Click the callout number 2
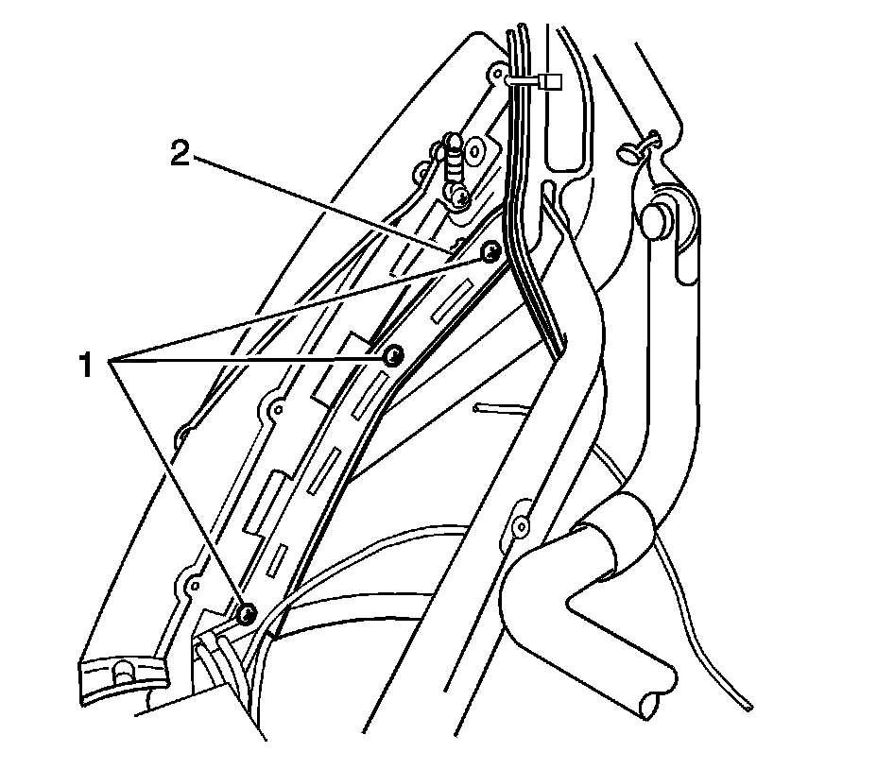[x=181, y=152]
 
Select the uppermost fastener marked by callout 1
[x=490, y=252]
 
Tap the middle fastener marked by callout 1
[x=393, y=356]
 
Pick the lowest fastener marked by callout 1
[x=246, y=613]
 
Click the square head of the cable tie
[x=550, y=83]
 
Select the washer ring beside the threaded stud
[x=473, y=149]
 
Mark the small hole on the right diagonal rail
[x=519, y=521]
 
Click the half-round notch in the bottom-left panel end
[x=122, y=674]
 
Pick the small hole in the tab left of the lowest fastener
[x=193, y=585]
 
